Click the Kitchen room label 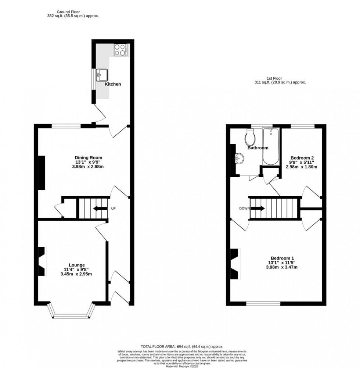(113, 84)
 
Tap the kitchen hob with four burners (120, 50)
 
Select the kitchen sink (101, 75)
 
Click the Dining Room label (86, 158)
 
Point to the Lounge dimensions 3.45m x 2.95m (76, 274)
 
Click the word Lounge (77, 265)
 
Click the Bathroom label (258, 148)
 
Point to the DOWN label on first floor (244, 208)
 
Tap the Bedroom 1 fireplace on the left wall (235, 264)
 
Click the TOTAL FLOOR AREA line (182, 347)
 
